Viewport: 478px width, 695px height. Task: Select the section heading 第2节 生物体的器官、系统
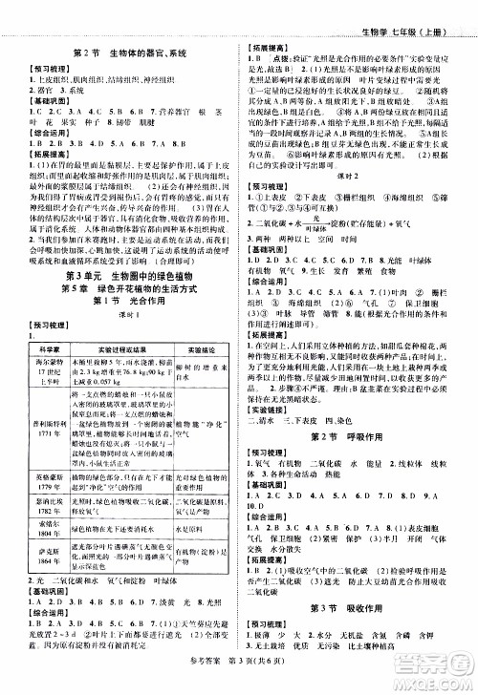tap(119, 41)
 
